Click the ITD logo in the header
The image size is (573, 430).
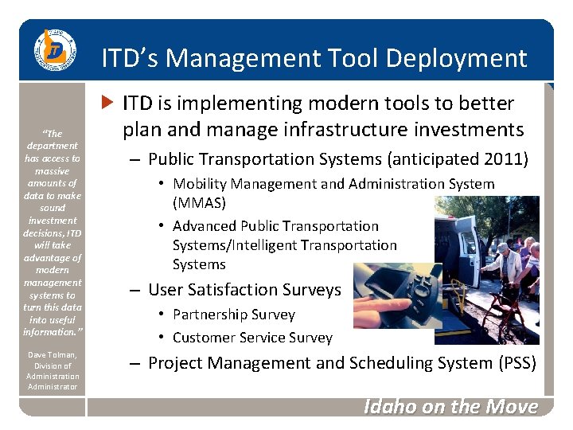point(53,51)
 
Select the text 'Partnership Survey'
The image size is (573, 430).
point(233,315)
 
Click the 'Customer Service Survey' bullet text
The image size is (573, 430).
point(252,338)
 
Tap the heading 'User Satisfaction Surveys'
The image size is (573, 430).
point(244,290)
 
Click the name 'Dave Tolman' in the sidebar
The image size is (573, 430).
point(52,354)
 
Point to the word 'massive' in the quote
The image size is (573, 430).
point(53,170)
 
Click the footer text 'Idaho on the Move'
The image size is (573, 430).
point(450,407)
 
